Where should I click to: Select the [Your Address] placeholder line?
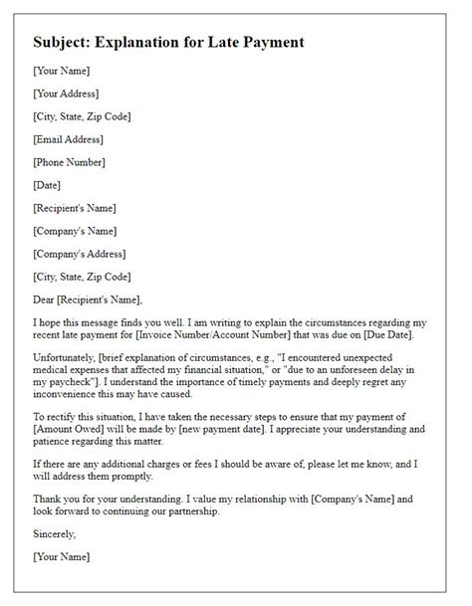point(66,94)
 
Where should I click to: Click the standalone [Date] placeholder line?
point(47,185)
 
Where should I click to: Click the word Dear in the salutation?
point(46,300)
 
